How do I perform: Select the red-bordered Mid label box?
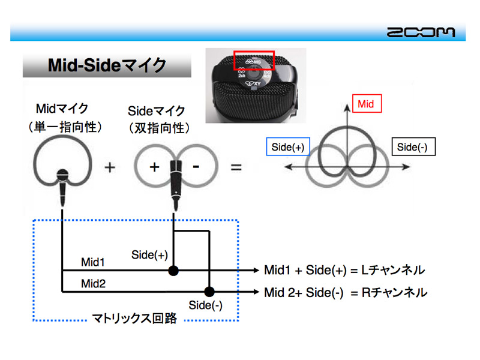point(366,104)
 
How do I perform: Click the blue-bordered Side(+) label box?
point(287,147)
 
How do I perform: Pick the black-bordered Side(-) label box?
point(412,147)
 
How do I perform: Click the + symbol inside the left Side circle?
point(154,167)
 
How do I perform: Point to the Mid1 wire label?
point(93,262)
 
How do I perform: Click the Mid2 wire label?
point(93,283)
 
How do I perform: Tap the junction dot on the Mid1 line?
point(173,271)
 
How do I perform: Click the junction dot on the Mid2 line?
point(209,292)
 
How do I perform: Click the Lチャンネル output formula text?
point(344,271)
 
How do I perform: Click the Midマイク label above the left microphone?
point(62,109)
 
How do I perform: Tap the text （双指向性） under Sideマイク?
point(159,128)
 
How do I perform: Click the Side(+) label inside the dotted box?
point(149,255)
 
